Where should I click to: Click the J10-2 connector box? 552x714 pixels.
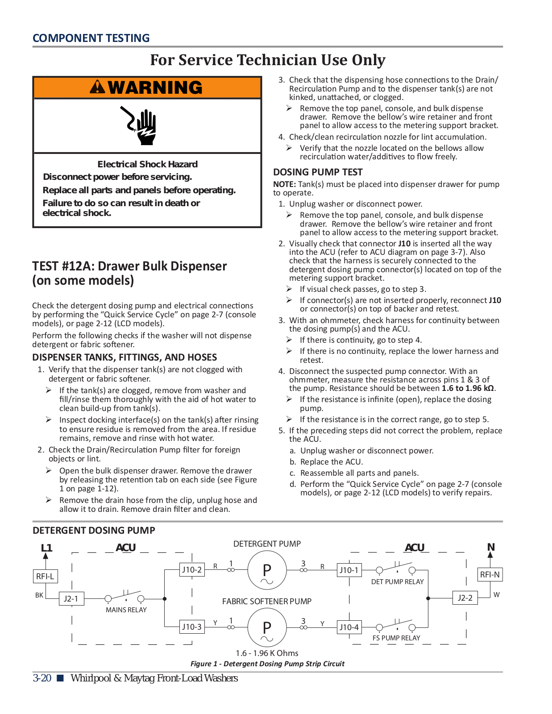coord(191,569)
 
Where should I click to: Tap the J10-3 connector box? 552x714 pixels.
coord(191,627)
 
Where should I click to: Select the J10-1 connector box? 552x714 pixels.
coord(349,570)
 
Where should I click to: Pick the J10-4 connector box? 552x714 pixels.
coord(349,627)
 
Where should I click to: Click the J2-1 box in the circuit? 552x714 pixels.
coord(71,598)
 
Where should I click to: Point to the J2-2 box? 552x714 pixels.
coord(465,598)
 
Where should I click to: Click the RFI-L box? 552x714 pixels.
coord(45,576)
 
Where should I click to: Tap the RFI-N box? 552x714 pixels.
coord(490,574)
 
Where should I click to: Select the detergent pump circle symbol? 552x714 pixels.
coord(267,570)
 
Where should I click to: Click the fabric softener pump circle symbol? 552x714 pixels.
coord(267,627)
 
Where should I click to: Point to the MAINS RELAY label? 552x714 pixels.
coord(126,610)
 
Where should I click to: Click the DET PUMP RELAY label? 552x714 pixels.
coord(397,582)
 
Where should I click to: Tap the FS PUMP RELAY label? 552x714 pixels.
coord(396,638)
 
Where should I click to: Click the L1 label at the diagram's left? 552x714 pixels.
coord(46,548)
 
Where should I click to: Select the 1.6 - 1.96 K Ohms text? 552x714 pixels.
coord(267,653)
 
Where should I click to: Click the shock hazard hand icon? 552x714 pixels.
coord(140,125)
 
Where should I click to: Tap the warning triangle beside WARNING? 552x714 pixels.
coord(97,87)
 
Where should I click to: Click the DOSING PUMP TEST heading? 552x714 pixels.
coord(318,172)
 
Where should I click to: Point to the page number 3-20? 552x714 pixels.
coord(42,678)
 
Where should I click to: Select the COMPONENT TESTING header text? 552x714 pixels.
coord(91,38)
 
